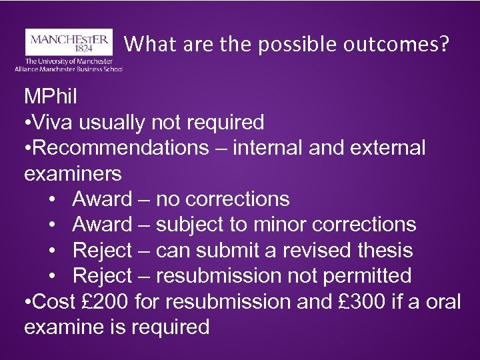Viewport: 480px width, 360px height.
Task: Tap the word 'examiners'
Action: coord(73,173)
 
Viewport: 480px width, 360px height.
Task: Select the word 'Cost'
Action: coord(53,301)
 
